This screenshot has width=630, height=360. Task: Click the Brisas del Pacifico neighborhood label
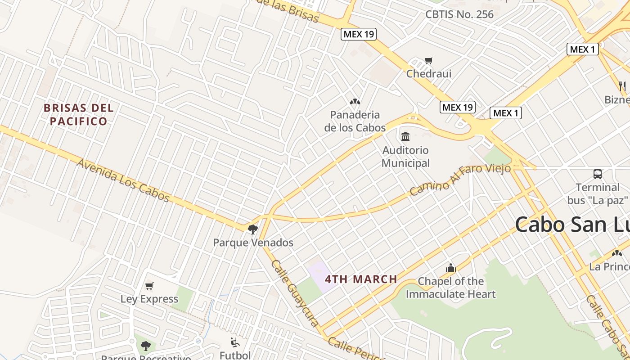pyautogui.click(x=78, y=115)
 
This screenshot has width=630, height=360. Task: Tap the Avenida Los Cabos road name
pyautogui.click(x=123, y=180)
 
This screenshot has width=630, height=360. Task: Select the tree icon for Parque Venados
pyautogui.click(x=253, y=229)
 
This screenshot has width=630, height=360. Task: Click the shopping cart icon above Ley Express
pyautogui.click(x=149, y=286)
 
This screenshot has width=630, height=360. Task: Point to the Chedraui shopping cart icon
pyautogui.click(x=429, y=60)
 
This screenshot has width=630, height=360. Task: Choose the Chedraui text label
pyautogui.click(x=429, y=73)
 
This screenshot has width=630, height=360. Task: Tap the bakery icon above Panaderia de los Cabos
pyautogui.click(x=355, y=102)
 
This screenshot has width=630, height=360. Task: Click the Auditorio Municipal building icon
pyautogui.click(x=405, y=136)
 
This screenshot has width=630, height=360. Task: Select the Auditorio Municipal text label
pyautogui.click(x=405, y=157)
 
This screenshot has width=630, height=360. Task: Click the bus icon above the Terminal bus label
pyautogui.click(x=598, y=174)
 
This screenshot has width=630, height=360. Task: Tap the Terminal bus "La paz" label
pyautogui.click(x=598, y=193)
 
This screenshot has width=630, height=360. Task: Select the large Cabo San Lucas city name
pyautogui.click(x=571, y=224)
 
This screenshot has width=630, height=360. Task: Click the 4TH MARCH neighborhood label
pyautogui.click(x=361, y=279)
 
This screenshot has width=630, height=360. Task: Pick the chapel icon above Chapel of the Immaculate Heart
pyautogui.click(x=451, y=268)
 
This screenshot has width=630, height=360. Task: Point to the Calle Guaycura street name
pyautogui.click(x=295, y=292)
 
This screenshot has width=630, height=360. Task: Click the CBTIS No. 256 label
pyautogui.click(x=459, y=14)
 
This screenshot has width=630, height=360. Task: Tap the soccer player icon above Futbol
pyautogui.click(x=235, y=342)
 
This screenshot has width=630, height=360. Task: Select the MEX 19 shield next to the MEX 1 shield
pyautogui.click(x=457, y=107)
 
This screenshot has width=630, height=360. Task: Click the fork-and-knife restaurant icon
pyautogui.click(x=623, y=86)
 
